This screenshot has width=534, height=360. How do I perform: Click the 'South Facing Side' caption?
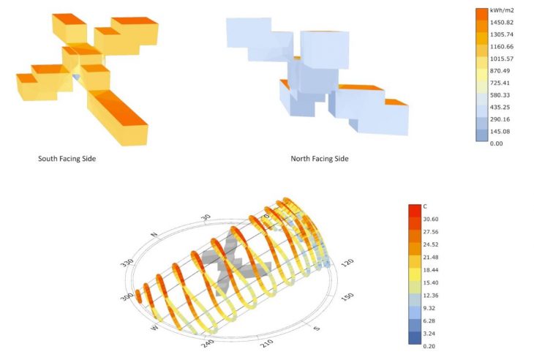[x=67, y=159]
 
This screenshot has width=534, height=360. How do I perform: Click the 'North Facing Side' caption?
[x=320, y=159]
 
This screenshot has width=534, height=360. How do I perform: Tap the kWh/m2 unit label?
[x=502, y=10]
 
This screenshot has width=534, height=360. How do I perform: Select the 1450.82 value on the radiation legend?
[x=502, y=23]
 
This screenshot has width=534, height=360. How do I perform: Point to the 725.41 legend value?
[x=500, y=83]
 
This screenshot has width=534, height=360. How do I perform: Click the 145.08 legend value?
[x=500, y=132]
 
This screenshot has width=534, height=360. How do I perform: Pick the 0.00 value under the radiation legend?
[x=496, y=143]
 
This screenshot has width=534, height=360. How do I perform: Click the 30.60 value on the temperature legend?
[x=430, y=220]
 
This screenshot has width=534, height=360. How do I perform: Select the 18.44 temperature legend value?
[x=430, y=270]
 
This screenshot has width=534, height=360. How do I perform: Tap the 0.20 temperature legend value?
[x=429, y=346]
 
